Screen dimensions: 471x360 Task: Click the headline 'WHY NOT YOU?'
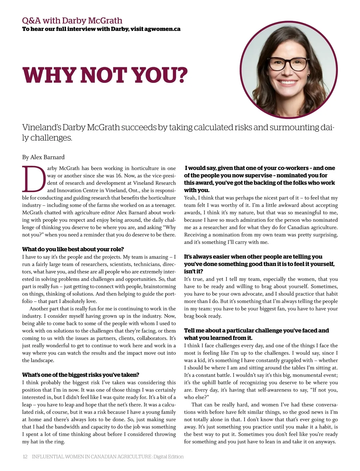tap(105, 75)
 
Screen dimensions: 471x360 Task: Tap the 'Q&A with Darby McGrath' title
tap(72, 20)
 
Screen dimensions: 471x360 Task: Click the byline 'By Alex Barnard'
tap(43, 157)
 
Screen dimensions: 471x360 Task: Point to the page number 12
tap(25, 457)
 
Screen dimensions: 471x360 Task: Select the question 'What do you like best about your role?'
tap(73, 249)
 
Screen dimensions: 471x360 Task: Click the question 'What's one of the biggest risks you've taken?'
tap(81, 375)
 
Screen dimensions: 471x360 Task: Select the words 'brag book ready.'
tap(203, 316)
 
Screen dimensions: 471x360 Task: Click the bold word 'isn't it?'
tap(193, 271)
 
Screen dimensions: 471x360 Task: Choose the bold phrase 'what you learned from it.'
tap(218, 338)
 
